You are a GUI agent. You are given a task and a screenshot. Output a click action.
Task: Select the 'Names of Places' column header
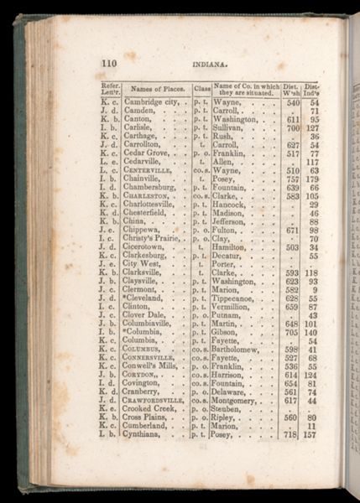click(156, 87)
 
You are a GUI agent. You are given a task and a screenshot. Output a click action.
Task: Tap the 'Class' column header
click(202, 87)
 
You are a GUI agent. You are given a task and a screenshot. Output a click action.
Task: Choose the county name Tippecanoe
click(238, 298)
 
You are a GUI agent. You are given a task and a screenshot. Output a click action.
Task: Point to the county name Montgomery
click(240, 401)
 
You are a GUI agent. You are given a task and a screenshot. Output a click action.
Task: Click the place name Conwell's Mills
click(155, 366)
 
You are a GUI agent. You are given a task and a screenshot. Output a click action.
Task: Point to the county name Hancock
click(232, 204)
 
